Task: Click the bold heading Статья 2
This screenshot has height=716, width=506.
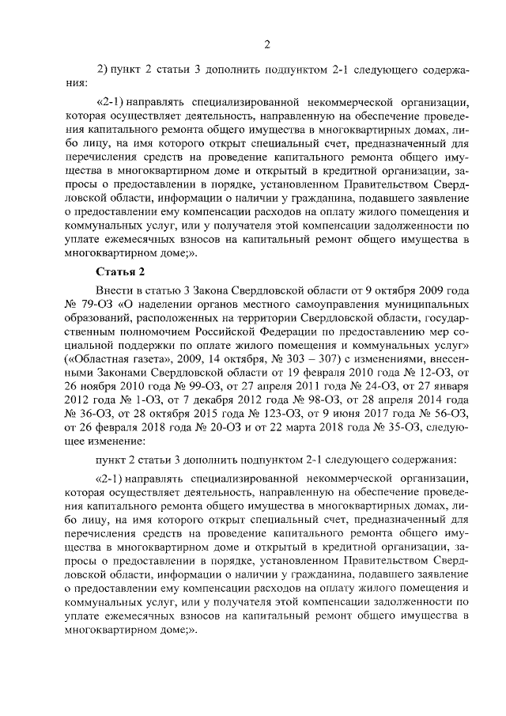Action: [x=118, y=273]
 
